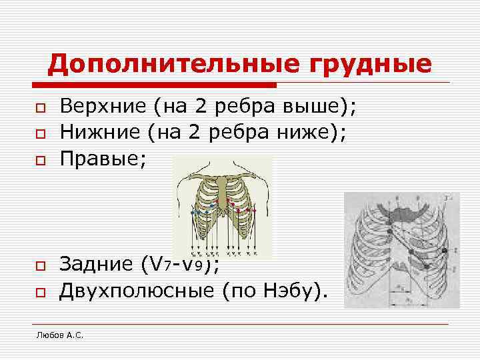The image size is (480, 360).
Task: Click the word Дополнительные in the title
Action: [x=161, y=65]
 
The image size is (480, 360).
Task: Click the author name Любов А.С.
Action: [x=59, y=334]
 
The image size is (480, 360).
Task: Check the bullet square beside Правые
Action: [x=40, y=159]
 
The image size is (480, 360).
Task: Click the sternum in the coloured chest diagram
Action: [x=223, y=193]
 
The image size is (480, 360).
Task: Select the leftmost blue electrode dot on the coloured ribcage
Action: [x=193, y=212]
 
